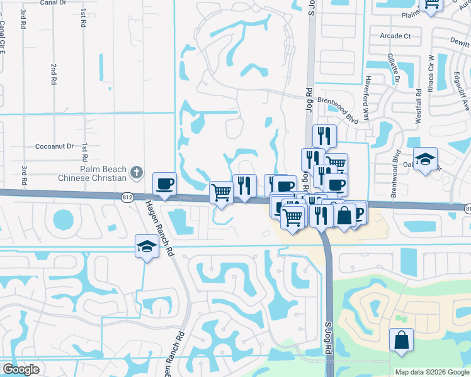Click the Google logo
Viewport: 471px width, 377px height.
tap(21, 369)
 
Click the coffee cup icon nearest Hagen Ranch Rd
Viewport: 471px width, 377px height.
tap(166, 183)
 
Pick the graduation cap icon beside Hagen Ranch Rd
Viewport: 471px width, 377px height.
tap(146, 246)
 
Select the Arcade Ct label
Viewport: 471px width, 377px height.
tap(395, 36)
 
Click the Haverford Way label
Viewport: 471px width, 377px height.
tap(368, 92)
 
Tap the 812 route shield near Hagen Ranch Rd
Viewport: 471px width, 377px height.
tap(127, 197)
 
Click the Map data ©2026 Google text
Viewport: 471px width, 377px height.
tap(433, 372)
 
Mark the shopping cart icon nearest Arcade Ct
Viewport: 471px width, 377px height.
tap(431, 4)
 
